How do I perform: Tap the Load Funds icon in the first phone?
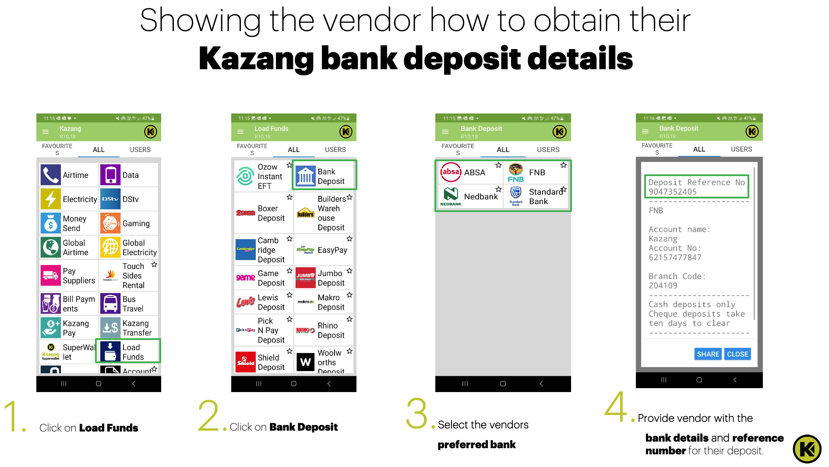pos(110,351)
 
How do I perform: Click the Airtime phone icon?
pos(51,175)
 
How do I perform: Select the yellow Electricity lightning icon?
pos(51,199)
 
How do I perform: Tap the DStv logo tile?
pos(110,199)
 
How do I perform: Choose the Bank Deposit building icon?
pos(306,176)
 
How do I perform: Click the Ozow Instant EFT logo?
pos(245,176)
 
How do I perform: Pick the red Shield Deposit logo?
pos(246,362)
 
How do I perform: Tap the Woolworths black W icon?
pos(306,362)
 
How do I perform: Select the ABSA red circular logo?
pos(451,172)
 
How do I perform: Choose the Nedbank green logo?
pos(451,196)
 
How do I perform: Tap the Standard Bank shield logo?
pos(516,196)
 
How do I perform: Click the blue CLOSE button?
pos(737,354)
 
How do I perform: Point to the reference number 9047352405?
pos(673,192)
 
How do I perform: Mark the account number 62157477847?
pos(675,258)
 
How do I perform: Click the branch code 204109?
pos(663,286)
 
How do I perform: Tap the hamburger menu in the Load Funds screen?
pos(240,131)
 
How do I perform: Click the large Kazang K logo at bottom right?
pos(807,449)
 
